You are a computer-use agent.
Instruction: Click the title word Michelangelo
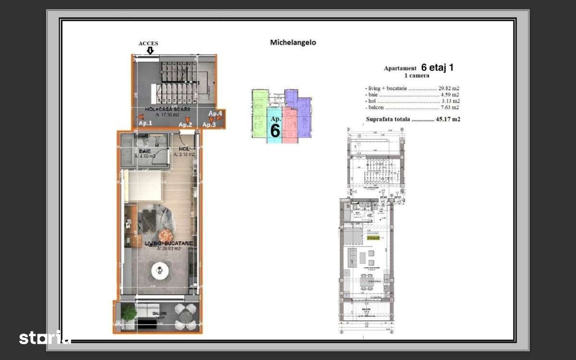click(x=293, y=42)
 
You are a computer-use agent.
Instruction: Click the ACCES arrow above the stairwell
click(x=150, y=50)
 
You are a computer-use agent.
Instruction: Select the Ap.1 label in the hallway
click(x=145, y=123)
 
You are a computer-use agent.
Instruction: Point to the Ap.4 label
click(x=215, y=114)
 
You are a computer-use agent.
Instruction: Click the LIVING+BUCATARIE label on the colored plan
click(x=169, y=243)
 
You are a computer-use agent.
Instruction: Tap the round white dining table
click(x=160, y=271)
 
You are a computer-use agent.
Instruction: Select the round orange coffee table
click(x=166, y=235)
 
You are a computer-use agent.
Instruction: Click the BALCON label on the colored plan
click(x=159, y=313)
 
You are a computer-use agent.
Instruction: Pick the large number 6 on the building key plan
click(x=275, y=130)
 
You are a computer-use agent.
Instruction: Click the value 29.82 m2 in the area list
click(x=448, y=88)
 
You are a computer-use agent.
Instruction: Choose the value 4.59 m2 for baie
click(x=450, y=95)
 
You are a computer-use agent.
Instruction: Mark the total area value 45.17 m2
click(x=448, y=119)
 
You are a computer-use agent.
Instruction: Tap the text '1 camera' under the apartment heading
click(x=416, y=75)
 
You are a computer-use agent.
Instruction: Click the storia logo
click(x=45, y=337)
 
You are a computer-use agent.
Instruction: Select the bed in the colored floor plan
click(x=143, y=187)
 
